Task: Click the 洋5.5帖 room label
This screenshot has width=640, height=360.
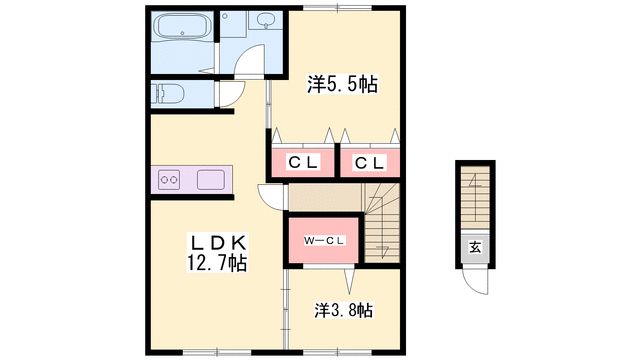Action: coord(342,86)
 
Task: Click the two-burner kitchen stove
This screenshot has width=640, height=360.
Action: coord(168,181)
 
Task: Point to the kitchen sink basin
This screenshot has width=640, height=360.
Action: coord(212,180)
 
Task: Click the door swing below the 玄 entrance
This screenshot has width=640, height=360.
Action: coord(478,284)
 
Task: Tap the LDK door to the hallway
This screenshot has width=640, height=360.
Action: coord(270,197)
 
